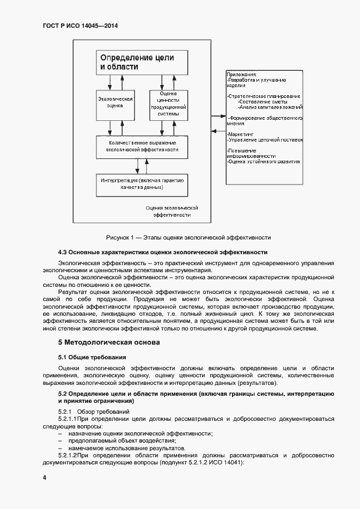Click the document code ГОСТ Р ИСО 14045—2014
pos(81,25)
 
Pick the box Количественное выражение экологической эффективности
pos(142,145)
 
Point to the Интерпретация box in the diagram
pos(142,184)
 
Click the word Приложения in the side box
pos(242,74)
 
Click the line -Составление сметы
pos(263,102)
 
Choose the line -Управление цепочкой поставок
pos(265,140)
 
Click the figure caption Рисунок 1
pos(188,237)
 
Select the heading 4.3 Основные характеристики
pos(162,253)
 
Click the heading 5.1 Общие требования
pos(92,357)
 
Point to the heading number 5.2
pos(63,394)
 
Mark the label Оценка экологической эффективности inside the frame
pos(172,212)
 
